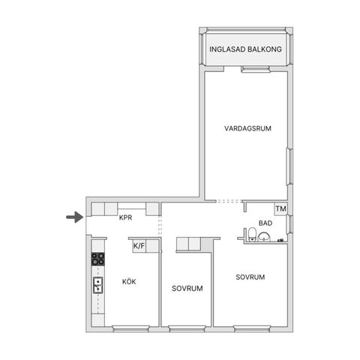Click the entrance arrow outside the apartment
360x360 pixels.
pos(75,217)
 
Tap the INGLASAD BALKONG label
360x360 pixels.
pos(245,49)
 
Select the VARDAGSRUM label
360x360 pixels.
pos(247,128)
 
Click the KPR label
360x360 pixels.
pos(125,217)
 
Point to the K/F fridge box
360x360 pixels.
pos(139,246)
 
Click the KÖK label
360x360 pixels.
pos(129,281)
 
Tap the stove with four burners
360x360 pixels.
pos(97,259)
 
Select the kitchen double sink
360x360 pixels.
pos(98,285)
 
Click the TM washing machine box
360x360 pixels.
pos(280,208)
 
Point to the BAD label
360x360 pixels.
pos(265,223)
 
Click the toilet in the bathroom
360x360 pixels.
pos(252,234)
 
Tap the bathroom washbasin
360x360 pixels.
pos(264,237)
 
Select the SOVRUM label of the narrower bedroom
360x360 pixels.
pos(187,289)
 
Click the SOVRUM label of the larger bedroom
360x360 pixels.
pos(250,277)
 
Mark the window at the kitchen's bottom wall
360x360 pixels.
pos(130,328)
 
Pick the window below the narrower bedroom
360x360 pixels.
pos(187,328)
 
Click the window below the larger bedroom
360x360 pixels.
pos(252,328)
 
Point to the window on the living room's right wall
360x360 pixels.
pos(289,166)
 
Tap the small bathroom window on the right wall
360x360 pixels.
pos(289,224)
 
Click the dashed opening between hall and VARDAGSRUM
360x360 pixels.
pos(229,201)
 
